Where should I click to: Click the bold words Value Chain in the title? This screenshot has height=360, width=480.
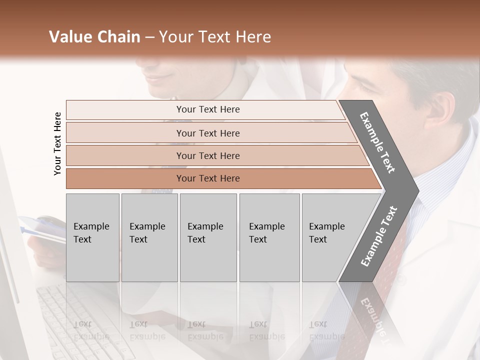click(x=94, y=37)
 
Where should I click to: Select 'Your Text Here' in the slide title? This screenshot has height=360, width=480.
click(x=215, y=37)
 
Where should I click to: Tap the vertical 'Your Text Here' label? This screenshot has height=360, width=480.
click(x=57, y=143)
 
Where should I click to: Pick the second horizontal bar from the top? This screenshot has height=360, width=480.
click(x=208, y=133)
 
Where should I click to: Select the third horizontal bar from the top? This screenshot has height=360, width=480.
click(x=208, y=155)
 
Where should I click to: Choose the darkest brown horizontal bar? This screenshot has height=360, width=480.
click(x=208, y=178)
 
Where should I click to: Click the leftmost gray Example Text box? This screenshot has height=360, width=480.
click(x=92, y=237)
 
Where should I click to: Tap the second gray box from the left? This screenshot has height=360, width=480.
click(x=149, y=237)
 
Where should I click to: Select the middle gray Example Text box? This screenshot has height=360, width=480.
click(x=208, y=237)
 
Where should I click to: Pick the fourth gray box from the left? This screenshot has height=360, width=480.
click(x=269, y=237)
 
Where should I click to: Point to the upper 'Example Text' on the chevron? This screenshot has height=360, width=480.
click(x=377, y=142)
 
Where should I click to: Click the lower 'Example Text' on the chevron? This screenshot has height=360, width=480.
click(x=379, y=236)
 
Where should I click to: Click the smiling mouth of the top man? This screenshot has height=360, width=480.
click(x=160, y=78)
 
